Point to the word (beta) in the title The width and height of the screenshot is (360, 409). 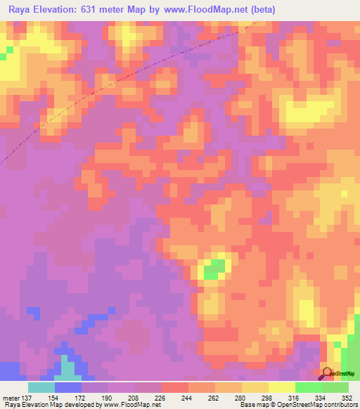(x=260, y=10)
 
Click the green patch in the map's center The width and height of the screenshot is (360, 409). (x=215, y=267)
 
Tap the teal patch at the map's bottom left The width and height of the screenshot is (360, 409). (x=67, y=368)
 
